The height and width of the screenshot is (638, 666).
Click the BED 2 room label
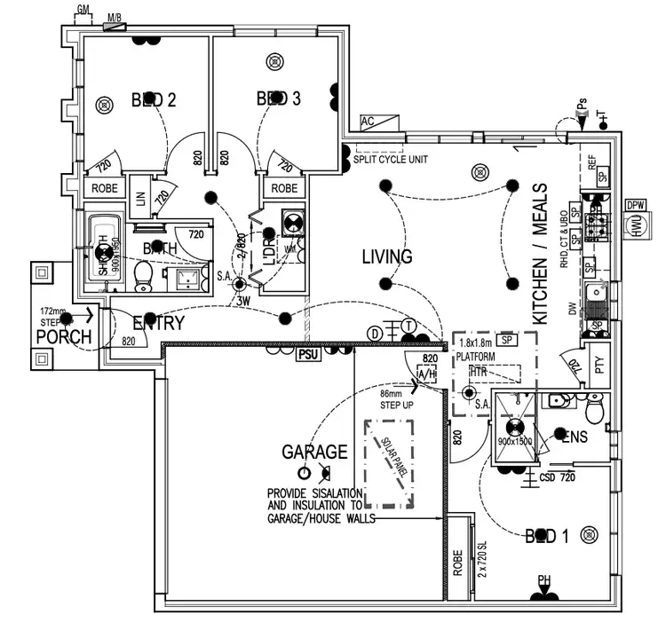click(x=154, y=100)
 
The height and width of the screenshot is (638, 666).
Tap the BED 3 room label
click(x=278, y=98)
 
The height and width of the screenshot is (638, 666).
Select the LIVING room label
click(x=387, y=257)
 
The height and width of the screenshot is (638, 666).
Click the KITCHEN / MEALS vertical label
click(x=540, y=254)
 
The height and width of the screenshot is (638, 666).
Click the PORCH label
click(x=64, y=337)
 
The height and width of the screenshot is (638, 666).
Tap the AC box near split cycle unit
click(x=369, y=122)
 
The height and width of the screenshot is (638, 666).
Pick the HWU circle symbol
click(x=635, y=228)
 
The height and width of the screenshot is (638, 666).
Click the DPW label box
click(x=635, y=204)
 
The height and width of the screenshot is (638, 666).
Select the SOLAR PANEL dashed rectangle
click(x=391, y=464)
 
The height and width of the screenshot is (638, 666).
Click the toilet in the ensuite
click(x=593, y=408)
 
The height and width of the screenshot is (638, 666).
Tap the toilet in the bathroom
click(x=142, y=277)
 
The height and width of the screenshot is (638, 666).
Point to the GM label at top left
click(x=83, y=9)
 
